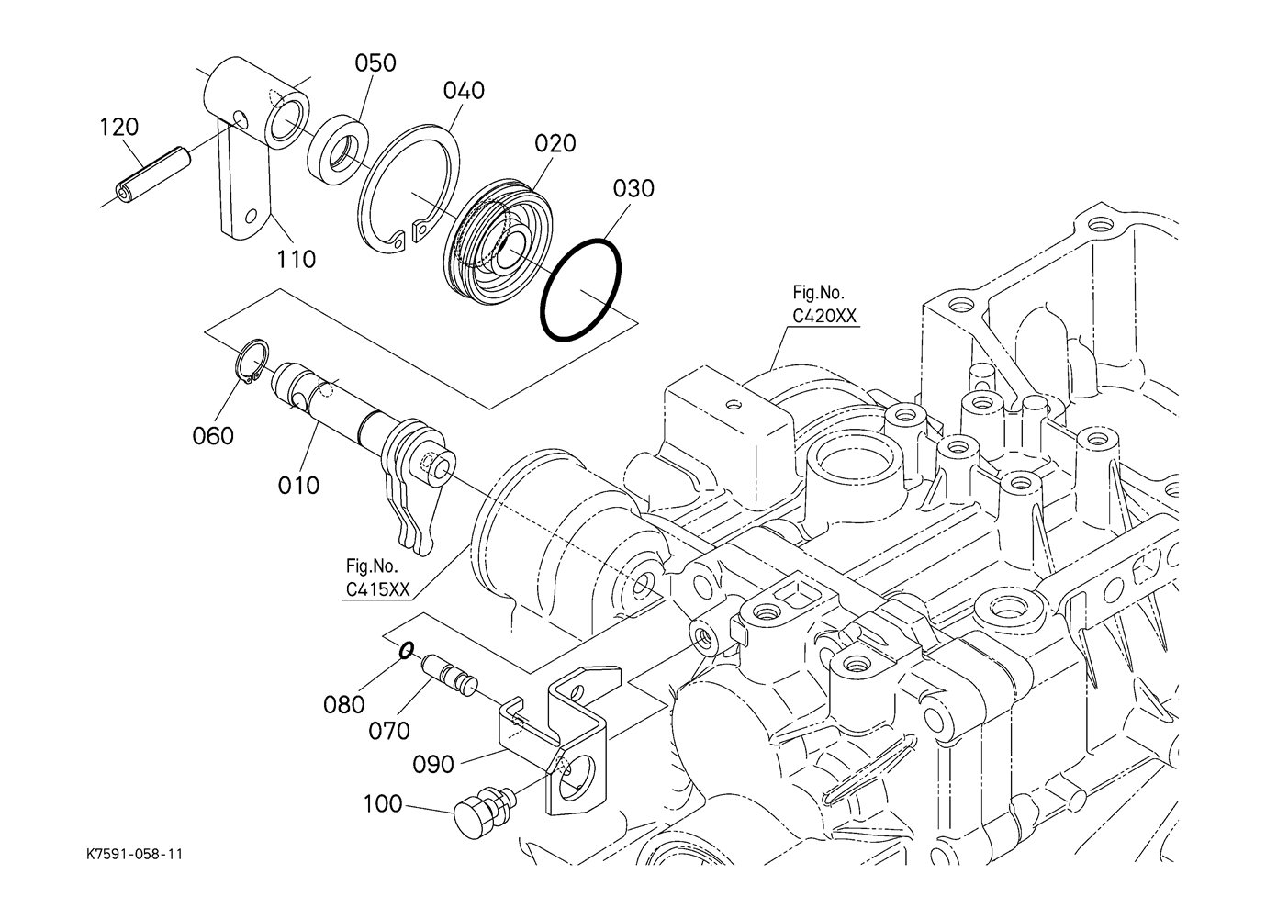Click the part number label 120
[118, 128]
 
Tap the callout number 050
[375, 62]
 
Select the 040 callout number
[464, 90]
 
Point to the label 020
[555, 143]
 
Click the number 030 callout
[633, 188]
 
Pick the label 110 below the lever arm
[296, 260]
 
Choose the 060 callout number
[213, 436]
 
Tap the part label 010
[298, 485]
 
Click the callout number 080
[344, 705]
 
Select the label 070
[389, 732]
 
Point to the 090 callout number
[433, 765]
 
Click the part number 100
[383, 803]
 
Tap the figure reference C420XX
[824, 317]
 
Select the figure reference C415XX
[377, 589]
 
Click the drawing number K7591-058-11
[135, 854]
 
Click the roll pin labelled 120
[153, 174]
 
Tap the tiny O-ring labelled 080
[407, 650]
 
